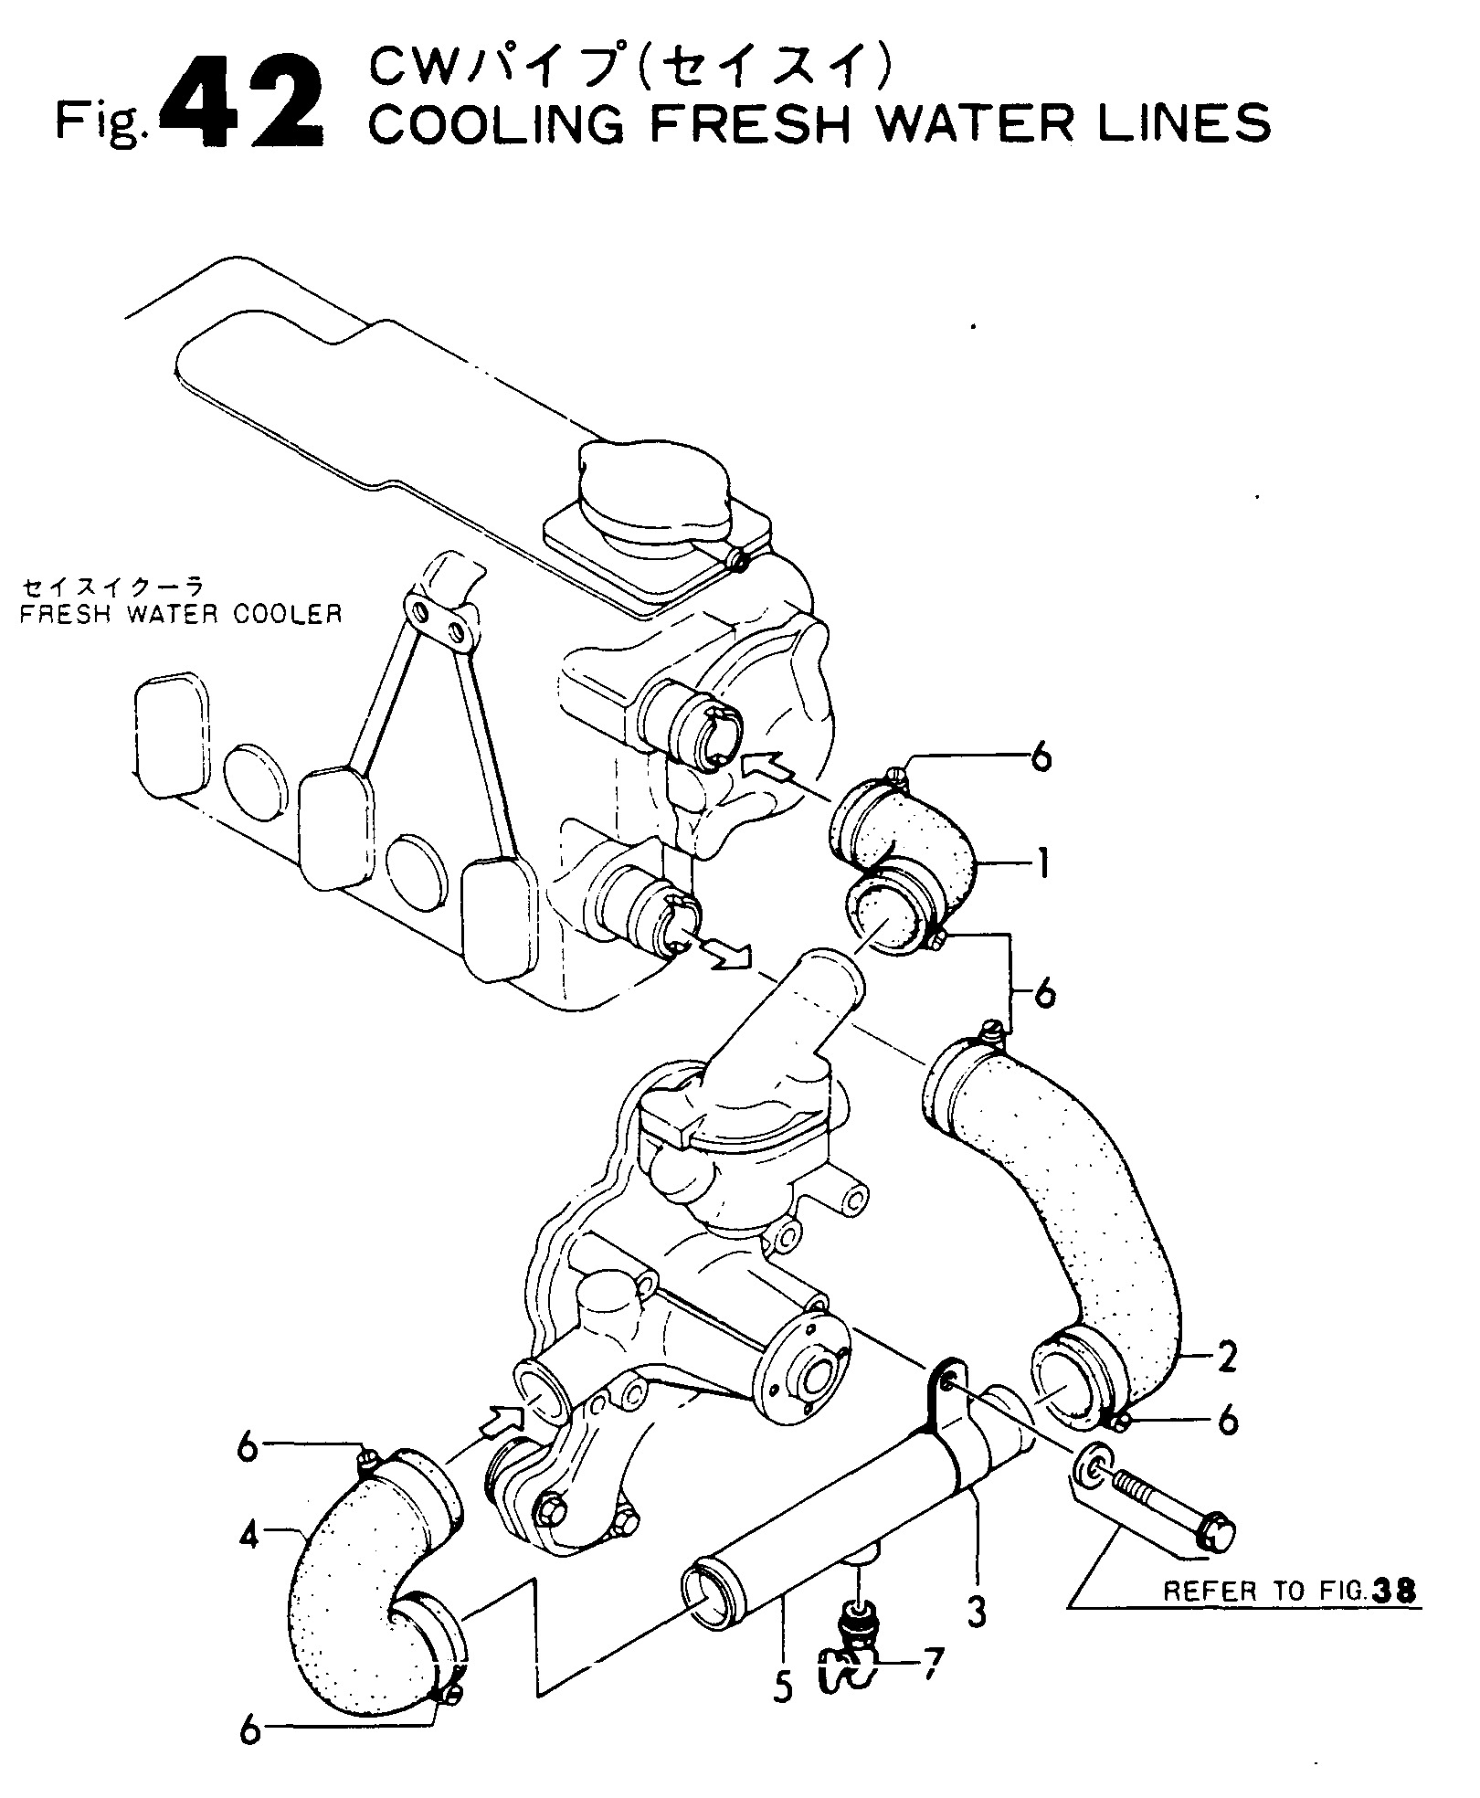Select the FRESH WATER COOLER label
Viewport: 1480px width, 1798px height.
(181, 613)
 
